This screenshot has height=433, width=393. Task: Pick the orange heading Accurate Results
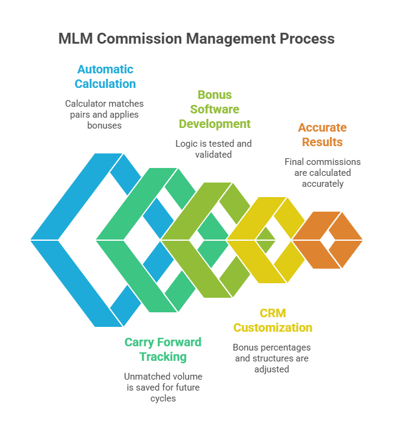pyautogui.click(x=321, y=135)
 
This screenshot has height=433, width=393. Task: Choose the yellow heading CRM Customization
pyautogui.click(x=273, y=321)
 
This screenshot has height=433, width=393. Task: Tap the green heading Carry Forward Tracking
pyautogui.click(x=163, y=349)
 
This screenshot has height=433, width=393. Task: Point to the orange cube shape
pyautogui.click(x=328, y=240)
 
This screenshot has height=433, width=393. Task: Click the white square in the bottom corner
pyautogui.click(x=341, y=414)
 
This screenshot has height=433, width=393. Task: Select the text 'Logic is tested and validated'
pyautogui.click(x=213, y=149)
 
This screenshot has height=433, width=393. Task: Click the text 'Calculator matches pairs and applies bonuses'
pyautogui.click(x=104, y=114)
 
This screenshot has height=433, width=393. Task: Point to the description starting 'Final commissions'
pyautogui.click(x=322, y=173)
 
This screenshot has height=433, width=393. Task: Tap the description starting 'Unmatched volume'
pyautogui.click(x=163, y=387)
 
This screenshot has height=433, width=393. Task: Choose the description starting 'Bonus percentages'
pyautogui.click(x=272, y=358)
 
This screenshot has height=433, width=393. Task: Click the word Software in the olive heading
pyautogui.click(x=214, y=109)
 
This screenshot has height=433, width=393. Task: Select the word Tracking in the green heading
pyautogui.click(x=163, y=357)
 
